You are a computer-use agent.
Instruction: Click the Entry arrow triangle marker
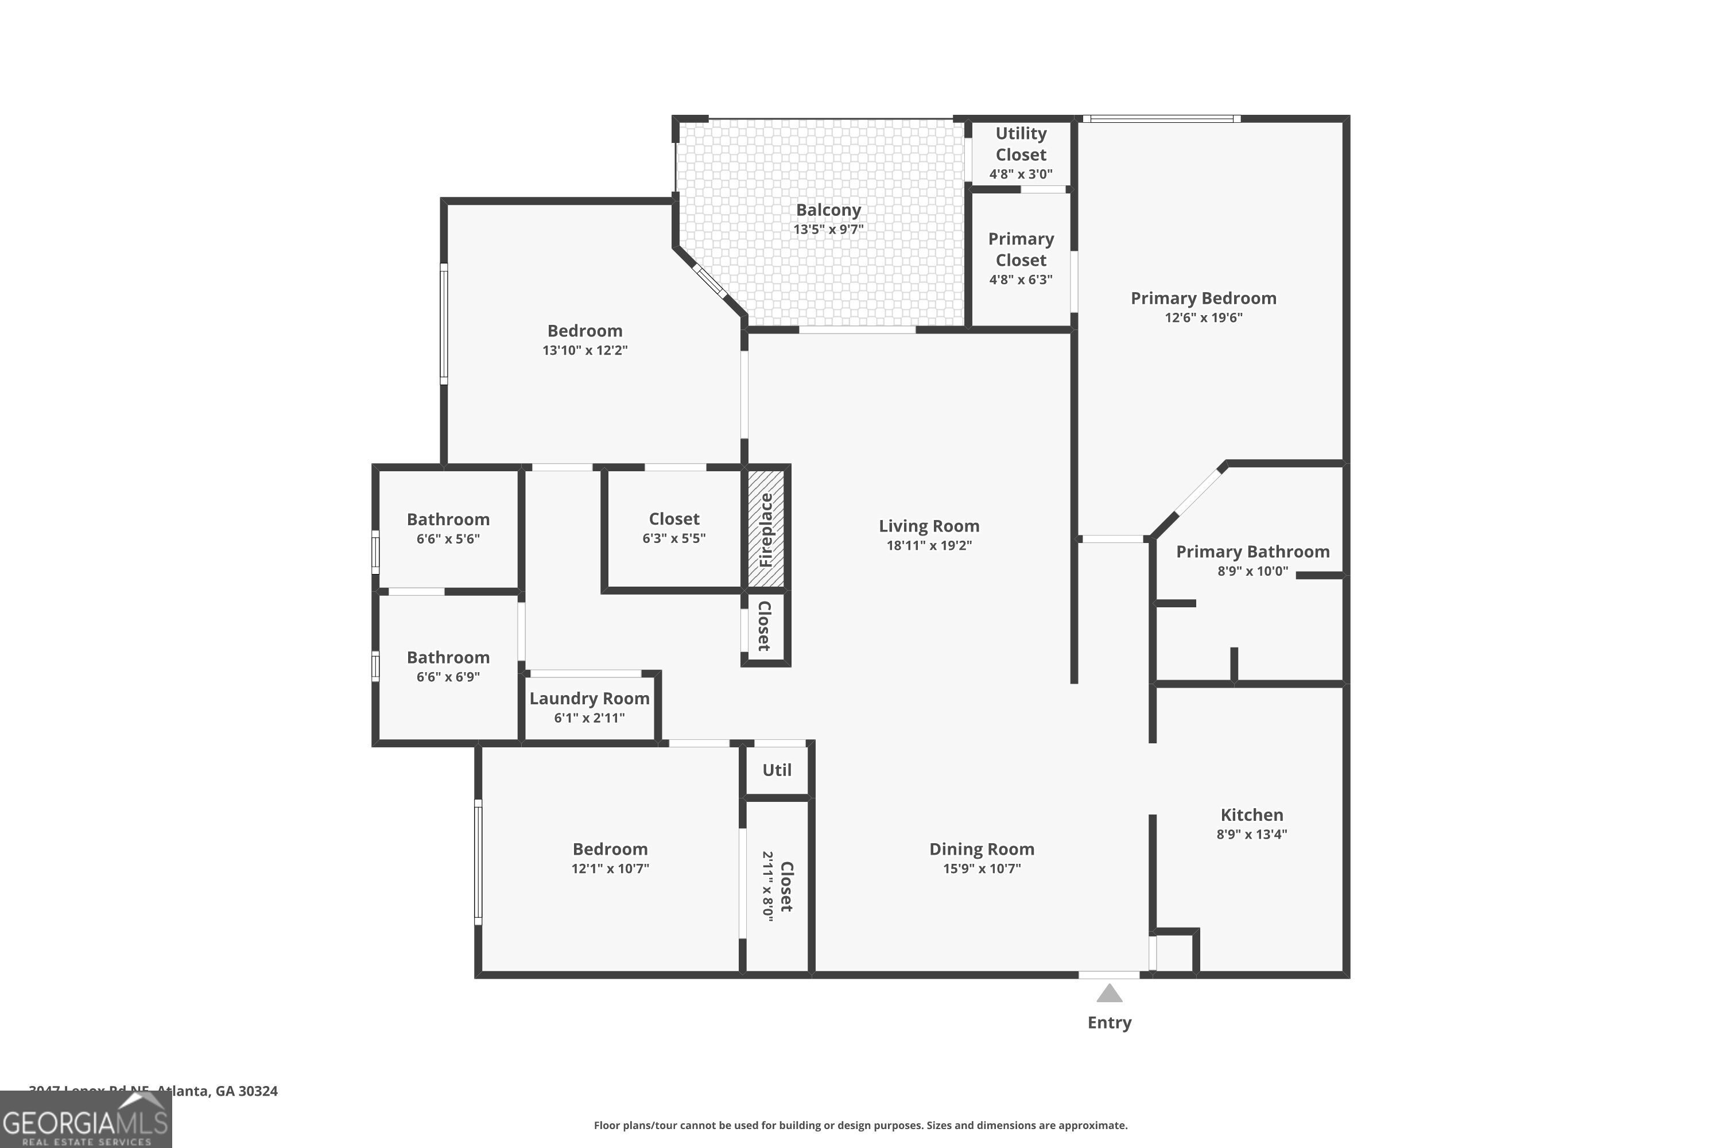click(1109, 994)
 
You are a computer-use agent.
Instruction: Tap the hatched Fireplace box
click(766, 529)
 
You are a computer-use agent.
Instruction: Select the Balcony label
click(828, 210)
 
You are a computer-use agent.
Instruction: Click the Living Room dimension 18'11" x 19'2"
click(928, 545)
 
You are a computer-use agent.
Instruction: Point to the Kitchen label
click(1251, 815)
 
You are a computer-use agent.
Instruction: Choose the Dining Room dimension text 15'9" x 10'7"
click(981, 868)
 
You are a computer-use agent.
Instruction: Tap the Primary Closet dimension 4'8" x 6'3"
click(1021, 280)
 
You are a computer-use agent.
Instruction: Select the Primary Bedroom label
click(1203, 298)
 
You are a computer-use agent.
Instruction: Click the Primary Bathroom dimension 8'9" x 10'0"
click(1252, 571)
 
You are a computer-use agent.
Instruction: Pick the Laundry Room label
click(589, 699)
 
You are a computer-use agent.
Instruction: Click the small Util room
click(777, 770)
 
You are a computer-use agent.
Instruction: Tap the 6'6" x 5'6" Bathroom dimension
click(448, 539)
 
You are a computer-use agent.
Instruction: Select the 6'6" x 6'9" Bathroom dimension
click(448, 677)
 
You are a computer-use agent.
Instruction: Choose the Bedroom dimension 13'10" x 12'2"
click(584, 350)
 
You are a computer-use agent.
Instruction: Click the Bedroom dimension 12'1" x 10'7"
click(610, 868)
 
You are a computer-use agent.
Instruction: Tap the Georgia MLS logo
click(86, 1121)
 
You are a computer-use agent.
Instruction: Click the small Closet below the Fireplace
click(765, 627)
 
